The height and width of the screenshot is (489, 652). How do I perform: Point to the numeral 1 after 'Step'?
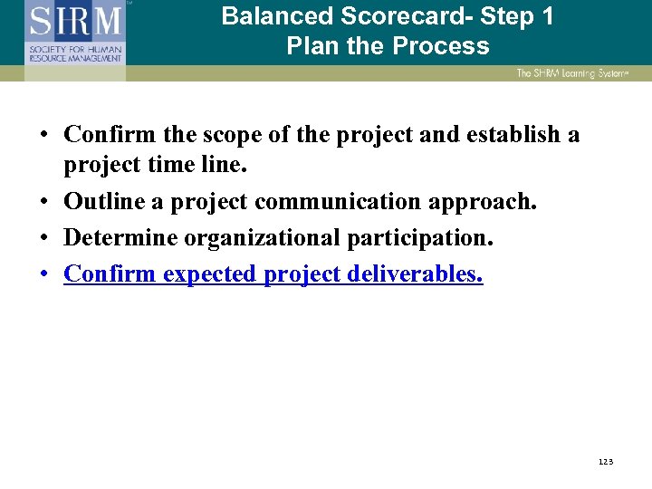(546, 16)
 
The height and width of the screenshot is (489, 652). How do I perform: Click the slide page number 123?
(606, 462)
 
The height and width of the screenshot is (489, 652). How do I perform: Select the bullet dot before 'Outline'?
(43, 202)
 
